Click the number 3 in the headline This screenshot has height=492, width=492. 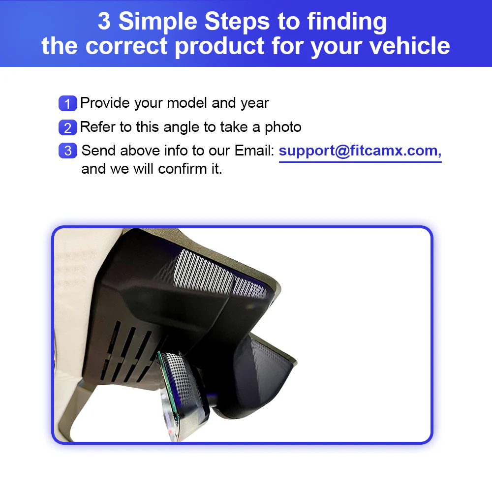(x=105, y=21)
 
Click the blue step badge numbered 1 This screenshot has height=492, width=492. (x=68, y=104)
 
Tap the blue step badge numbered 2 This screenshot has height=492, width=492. (x=68, y=127)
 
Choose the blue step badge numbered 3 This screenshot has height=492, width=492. (x=68, y=151)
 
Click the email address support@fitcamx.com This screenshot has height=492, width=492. (x=360, y=151)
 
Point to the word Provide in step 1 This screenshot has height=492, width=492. (x=105, y=103)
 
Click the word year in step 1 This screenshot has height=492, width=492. (x=254, y=103)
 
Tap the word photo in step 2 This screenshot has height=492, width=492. (x=283, y=127)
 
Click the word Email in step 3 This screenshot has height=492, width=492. (x=254, y=151)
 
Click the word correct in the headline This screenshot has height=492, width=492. (x=126, y=46)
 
